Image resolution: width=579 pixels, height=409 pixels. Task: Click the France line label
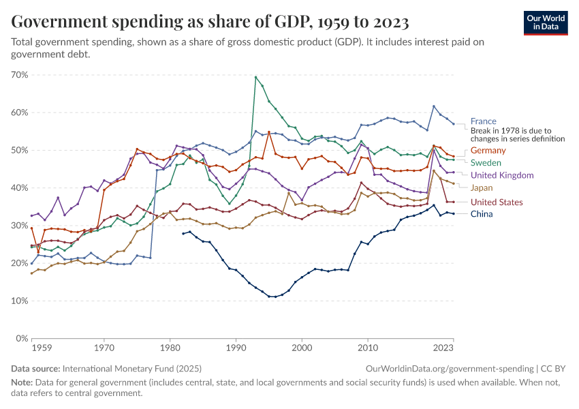pyautogui.click(x=483, y=121)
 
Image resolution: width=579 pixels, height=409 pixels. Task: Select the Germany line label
pyautogui.click(x=488, y=150)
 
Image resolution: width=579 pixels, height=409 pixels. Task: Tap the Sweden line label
pyautogui.click(x=486, y=163)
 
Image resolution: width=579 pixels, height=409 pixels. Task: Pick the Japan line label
pyautogui.click(x=482, y=187)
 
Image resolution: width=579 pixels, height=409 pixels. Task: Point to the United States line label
pyautogui.click(x=497, y=202)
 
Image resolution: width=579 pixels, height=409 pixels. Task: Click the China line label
pyautogui.click(x=481, y=214)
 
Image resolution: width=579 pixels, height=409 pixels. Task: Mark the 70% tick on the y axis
pyautogui.click(x=19, y=75)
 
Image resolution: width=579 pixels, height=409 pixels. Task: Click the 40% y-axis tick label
pyautogui.click(x=19, y=188)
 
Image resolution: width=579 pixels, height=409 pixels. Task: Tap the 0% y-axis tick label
pyautogui.click(x=21, y=339)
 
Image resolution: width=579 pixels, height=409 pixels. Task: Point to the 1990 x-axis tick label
pyautogui.click(x=236, y=348)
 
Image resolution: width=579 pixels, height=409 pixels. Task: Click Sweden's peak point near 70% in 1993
pyautogui.click(x=255, y=77)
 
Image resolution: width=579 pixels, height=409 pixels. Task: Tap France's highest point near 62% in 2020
pyautogui.click(x=434, y=106)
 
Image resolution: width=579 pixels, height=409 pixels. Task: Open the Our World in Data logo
pyautogui.click(x=546, y=22)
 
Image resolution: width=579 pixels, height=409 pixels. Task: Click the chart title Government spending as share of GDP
pyautogui.click(x=210, y=22)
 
